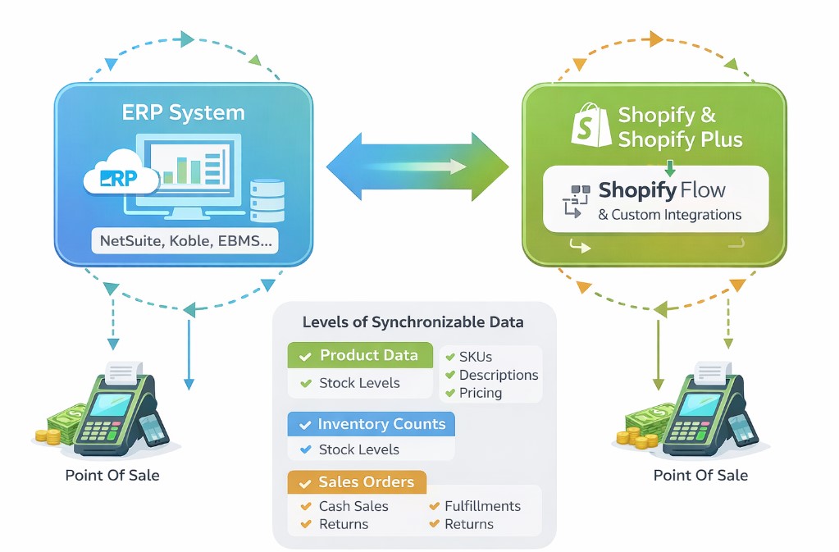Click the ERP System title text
tap(183, 113)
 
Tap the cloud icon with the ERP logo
tap(120, 176)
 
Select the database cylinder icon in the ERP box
tap(267, 199)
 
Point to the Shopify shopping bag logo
tap(591, 125)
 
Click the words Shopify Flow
tap(662, 191)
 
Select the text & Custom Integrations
tap(669, 215)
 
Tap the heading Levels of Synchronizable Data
tap(413, 322)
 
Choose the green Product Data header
tap(360, 355)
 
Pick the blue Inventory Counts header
tap(372, 424)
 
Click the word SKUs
tap(476, 357)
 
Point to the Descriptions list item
tap(498, 375)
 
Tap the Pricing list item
tap(480, 393)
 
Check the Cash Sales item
tap(353, 506)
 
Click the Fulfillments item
tap(482, 506)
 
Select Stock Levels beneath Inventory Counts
tap(358, 449)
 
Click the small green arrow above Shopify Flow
tap(669, 167)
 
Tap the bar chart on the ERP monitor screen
tap(183, 171)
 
